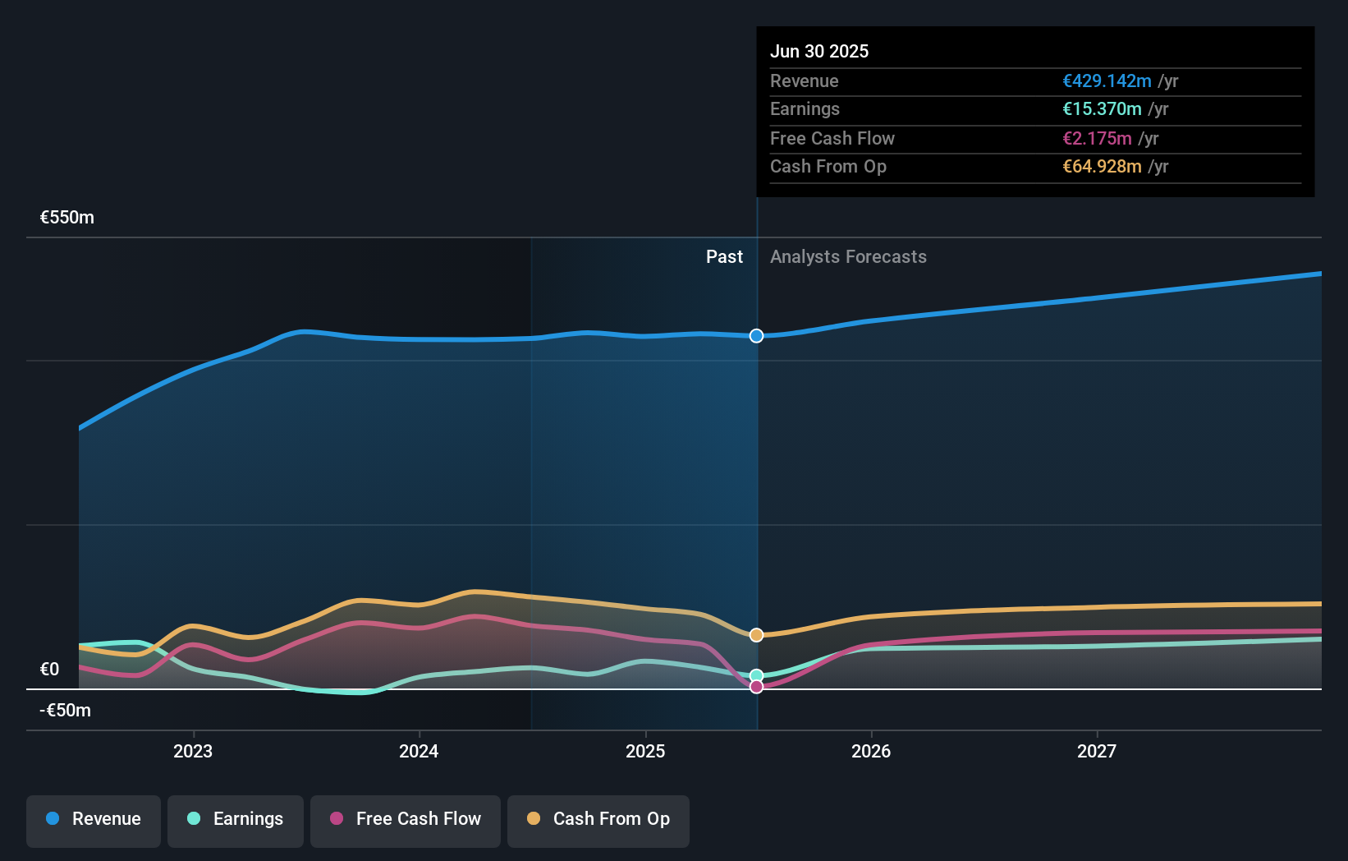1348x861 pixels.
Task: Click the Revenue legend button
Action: pyautogui.click(x=94, y=819)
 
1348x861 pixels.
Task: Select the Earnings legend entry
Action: pyautogui.click(x=236, y=819)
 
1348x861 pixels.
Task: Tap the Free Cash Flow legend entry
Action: pyautogui.click(x=406, y=819)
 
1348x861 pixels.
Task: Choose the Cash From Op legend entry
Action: pyautogui.click(x=598, y=819)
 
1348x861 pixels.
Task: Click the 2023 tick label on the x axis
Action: pyautogui.click(x=193, y=751)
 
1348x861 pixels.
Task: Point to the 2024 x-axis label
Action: pyautogui.click(x=419, y=751)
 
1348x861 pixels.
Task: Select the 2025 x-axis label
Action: pyautogui.click(x=645, y=751)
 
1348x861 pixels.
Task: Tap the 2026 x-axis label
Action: pyautogui.click(x=871, y=751)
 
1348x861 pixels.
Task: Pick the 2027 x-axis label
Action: pyautogui.click(x=1097, y=751)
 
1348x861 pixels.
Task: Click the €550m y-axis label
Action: pyautogui.click(x=67, y=218)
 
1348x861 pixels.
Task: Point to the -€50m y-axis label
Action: pyautogui.click(x=66, y=711)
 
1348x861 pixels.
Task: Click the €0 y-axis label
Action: pyautogui.click(x=50, y=670)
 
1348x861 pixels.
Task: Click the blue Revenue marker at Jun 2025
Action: pyautogui.click(x=756, y=336)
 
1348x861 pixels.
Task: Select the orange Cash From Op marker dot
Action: pyautogui.click(x=756, y=635)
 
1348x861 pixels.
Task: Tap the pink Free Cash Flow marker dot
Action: pyautogui.click(x=756, y=687)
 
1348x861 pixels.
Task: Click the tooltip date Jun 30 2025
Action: pyautogui.click(x=819, y=51)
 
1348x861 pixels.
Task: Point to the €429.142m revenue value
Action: pyautogui.click(x=1107, y=81)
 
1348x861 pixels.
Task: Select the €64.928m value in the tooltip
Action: pyautogui.click(x=1102, y=167)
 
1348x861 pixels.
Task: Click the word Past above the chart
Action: pyautogui.click(x=724, y=257)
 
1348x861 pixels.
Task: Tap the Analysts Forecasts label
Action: pyautogui.click(x=848, y=257)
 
